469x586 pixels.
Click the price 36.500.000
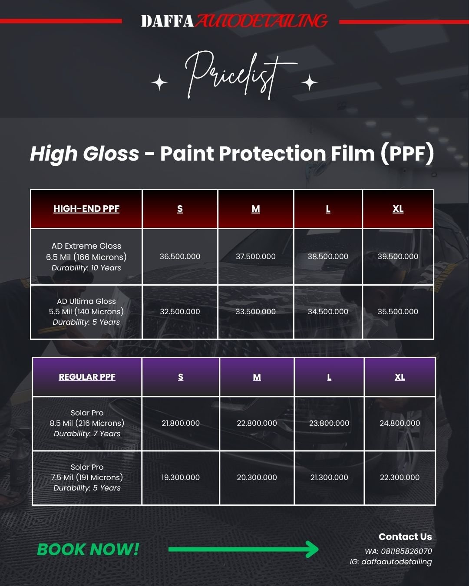pos(180,256)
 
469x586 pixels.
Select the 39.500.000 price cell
pos(398,256)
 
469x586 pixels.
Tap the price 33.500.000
pos(256,311)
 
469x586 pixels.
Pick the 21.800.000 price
pos(180,423)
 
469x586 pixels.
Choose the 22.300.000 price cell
pos(400,477)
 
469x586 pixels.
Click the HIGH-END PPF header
pos(86,209)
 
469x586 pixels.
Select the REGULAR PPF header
pos(87,377)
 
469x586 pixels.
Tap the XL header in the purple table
pos(400,377)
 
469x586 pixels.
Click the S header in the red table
pos(180,209)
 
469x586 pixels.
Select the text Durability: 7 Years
pos(87,434)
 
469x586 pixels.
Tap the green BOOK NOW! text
pos(88,549)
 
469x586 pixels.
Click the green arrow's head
pos(312,549)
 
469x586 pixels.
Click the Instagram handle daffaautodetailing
pos(396,562)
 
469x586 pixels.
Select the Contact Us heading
pos(405,537)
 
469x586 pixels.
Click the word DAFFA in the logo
pos(167,21)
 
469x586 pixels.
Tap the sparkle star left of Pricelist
pos(159,82)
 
